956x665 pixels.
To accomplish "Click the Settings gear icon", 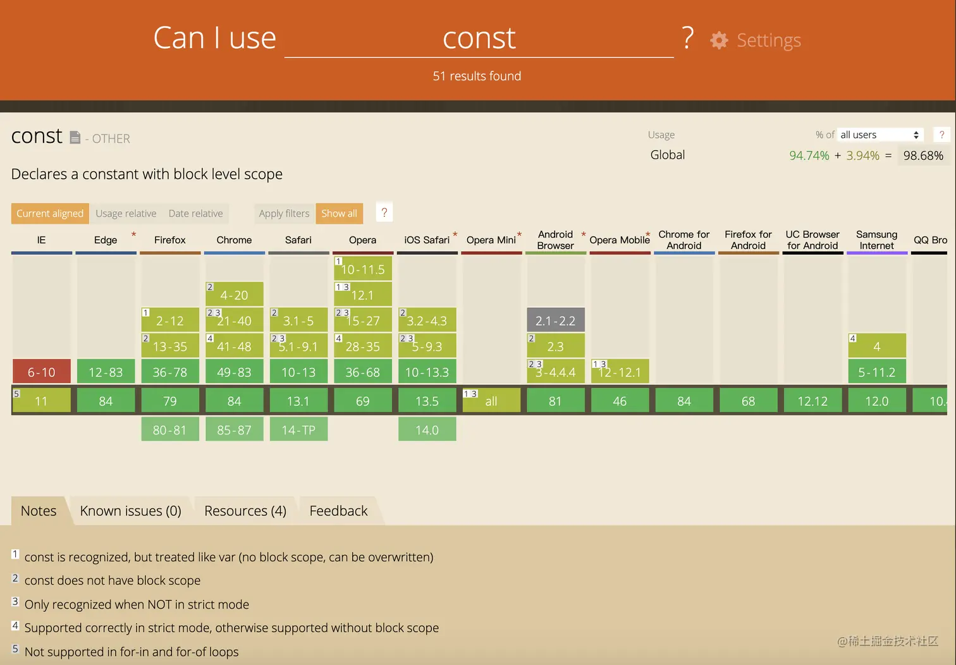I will pyautogui.click(x=719, y=40).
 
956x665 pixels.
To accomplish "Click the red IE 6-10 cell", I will pyautogui.click(x=42, y=372).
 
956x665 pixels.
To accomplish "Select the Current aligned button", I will pyautogui.click(x=50, y=214).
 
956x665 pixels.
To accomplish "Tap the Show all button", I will pyautogui.click(x=339, y=214).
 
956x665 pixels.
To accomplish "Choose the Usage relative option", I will pyautogui.click(x=126, y=214).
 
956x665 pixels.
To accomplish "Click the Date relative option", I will pyautogui.click(x=195, y=214).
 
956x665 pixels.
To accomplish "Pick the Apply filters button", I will pyautogui.click(x=284, y=214).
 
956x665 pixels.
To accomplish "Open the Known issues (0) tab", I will pyautogui.click(x=130, y=511).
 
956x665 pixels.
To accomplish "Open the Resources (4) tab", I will pyautogui.click(x=245, y=511).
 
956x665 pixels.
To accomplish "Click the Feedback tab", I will pyautogui.click(x=338, y=511).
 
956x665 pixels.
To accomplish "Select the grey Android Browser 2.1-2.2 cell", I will pyautogui.click(x=556, y=320).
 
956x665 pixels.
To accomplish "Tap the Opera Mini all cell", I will pyautogui.click(x=491, y=401).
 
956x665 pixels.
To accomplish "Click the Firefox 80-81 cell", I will pyautogui.click(x=170, y=430).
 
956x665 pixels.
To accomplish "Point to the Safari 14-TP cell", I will pyautogui.click(x=298, y=430).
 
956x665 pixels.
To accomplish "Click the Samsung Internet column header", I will pyautogui.click(x=876, y=240).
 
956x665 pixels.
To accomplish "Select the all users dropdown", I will pyautogui.click(x=879, y=135).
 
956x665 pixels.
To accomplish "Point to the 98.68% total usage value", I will pyautogui.click(x=922, y=156).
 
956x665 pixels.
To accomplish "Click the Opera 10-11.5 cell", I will pyautogui.click(x=363, y=269).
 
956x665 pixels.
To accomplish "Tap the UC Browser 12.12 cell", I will pyautogui.click(x=812, y=401).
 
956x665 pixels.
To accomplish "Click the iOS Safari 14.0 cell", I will pyautogui.click(x=427, y=430).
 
